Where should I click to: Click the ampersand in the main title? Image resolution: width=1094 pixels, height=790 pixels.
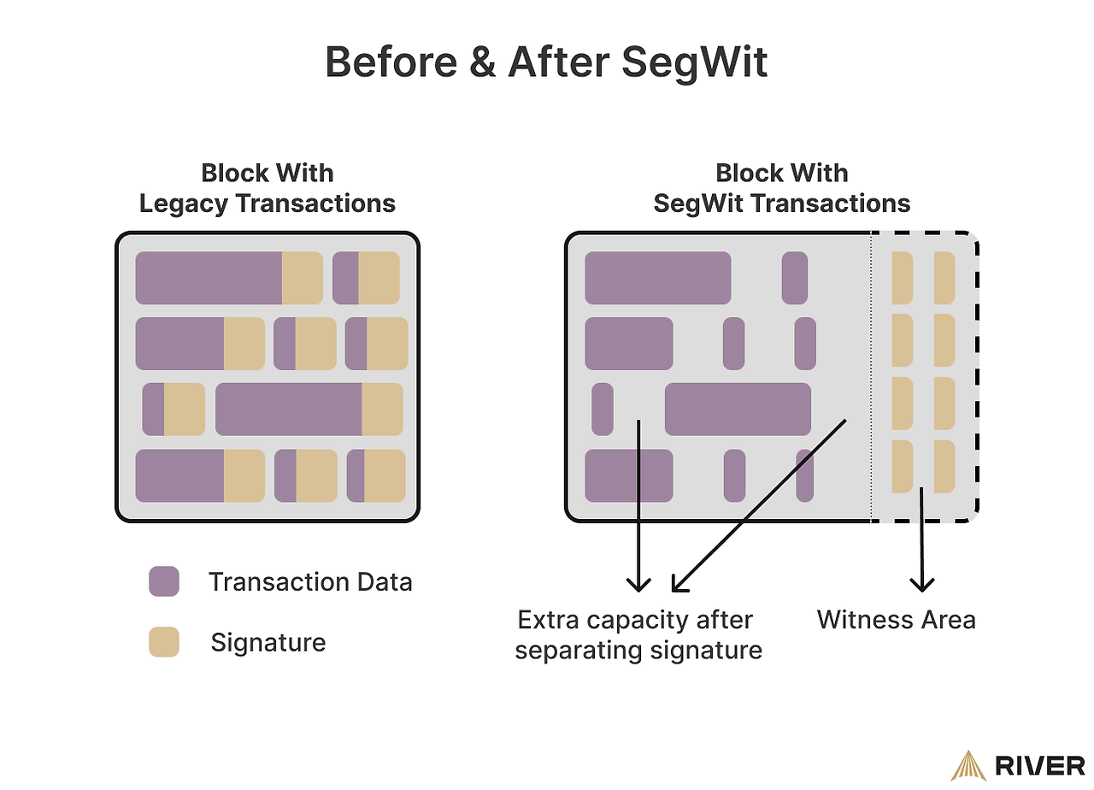(x=482, y=62)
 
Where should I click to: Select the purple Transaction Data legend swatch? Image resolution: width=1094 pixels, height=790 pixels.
(x=164, y=581)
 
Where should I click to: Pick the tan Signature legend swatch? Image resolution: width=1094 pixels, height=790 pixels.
(x=164, y=642)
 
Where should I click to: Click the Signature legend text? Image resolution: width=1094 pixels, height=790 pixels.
(x=268, y=642)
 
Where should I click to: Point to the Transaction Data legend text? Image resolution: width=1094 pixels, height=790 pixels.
(x=310, y=582)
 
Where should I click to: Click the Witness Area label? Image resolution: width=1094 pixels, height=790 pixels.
(x=896, y=619)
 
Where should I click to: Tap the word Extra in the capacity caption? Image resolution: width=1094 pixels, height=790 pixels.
(x=552, y=619)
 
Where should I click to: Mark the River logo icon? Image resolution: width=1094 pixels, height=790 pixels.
(x=968, y=765)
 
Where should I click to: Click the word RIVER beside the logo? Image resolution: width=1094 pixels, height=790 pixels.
(x=1040, y=766)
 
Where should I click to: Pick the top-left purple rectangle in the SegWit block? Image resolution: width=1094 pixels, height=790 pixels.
(x=657, y=278)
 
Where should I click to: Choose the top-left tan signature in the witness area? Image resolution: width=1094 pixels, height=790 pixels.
(x=902, y=278)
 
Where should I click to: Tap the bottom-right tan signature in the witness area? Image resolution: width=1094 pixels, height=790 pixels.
(x=944, y=466)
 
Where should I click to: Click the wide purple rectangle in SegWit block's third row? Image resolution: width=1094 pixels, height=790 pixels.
(x=738, y=409)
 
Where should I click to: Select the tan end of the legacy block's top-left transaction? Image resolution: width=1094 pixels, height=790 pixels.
(x=302, y=278)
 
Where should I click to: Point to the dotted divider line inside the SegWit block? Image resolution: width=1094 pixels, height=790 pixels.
(x=870, y=376)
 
